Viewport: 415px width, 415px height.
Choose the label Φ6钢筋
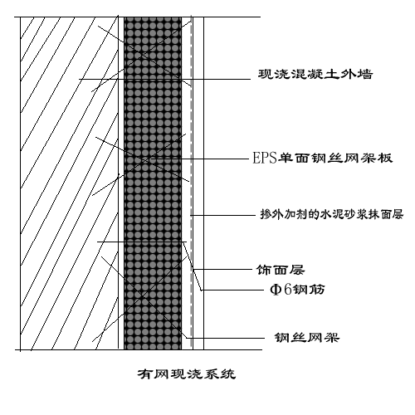coord(281,290)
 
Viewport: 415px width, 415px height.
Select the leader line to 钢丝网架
coord(224,336)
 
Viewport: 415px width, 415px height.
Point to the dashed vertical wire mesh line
coord(191,124)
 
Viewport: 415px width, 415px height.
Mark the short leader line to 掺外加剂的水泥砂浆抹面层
coord(196,215)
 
